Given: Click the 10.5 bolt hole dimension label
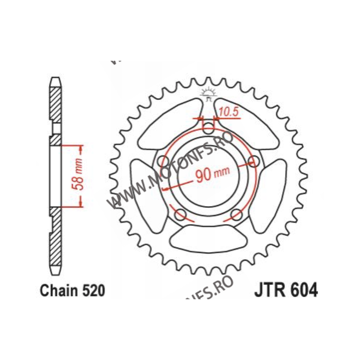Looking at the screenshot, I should [229, 112].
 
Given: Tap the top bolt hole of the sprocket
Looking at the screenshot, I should [207, 127].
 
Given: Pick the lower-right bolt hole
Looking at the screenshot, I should [235, 214].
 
